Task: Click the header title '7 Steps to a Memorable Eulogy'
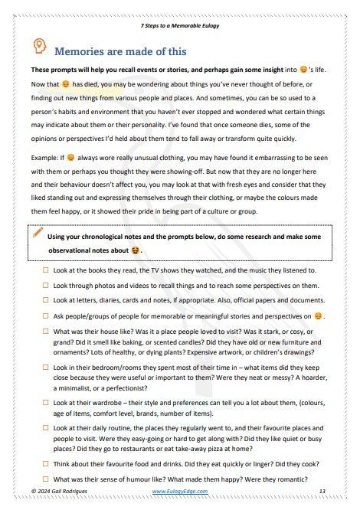pos(179,25)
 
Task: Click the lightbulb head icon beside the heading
pos(38,48)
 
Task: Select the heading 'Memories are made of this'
pos(120,51)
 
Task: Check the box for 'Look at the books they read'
pos(46,270)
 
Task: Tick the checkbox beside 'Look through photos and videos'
pos(46,285)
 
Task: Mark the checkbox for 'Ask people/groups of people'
pos(46,315)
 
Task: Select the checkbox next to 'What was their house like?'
pos(46,330)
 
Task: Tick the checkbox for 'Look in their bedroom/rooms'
pos(46,368)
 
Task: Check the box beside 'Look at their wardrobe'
pos(46,404)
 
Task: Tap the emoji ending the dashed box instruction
pos(136,250)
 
